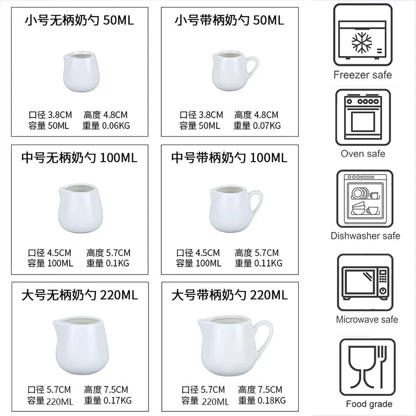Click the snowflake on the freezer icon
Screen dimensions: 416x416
[361, 43]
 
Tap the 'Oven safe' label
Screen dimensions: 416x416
[363, 153]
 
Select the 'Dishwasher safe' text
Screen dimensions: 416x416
[365, 236]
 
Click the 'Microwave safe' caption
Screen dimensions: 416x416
[367, 320]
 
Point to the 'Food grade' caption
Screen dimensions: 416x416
[369, 404]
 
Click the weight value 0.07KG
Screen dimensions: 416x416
[267, 125]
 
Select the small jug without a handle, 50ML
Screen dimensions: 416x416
[81, 71]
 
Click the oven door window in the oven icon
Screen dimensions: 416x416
[363, 121]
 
